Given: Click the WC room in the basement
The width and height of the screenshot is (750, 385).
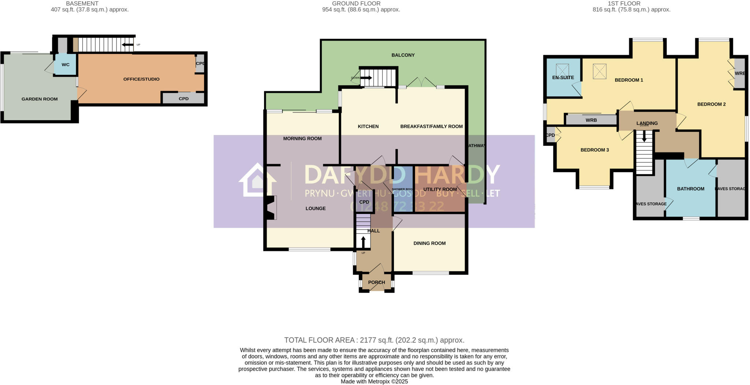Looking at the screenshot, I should point(65,65).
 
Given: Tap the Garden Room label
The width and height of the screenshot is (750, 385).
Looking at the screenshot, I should point(40,99).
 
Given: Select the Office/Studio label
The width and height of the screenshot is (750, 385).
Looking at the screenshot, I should point(141,79).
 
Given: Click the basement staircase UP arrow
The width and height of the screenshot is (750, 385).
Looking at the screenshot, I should point(127,45).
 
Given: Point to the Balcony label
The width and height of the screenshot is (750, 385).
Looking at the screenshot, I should point(403,55).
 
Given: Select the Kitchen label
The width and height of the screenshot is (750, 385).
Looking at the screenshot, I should point(368,126).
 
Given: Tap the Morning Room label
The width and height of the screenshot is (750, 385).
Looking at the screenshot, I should point(302,138).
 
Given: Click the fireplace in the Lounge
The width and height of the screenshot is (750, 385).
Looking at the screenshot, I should point(270,208).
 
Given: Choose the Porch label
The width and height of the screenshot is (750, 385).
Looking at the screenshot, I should point(376,282).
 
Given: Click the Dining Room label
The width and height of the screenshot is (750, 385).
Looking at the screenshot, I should point(430,243).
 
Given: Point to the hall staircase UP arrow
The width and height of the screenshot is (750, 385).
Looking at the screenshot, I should point(363,242).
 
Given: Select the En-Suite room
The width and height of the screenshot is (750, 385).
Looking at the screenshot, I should point(563,78).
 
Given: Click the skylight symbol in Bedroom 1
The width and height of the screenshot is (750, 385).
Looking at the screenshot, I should point(599,71).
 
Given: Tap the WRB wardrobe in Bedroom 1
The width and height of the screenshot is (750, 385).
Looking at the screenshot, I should point(591,120).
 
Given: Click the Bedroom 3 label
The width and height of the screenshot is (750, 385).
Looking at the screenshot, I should point(595,150).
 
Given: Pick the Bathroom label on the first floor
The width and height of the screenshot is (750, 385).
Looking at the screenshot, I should point(691,189).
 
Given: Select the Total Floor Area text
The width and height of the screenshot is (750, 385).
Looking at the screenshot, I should point(374,340).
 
